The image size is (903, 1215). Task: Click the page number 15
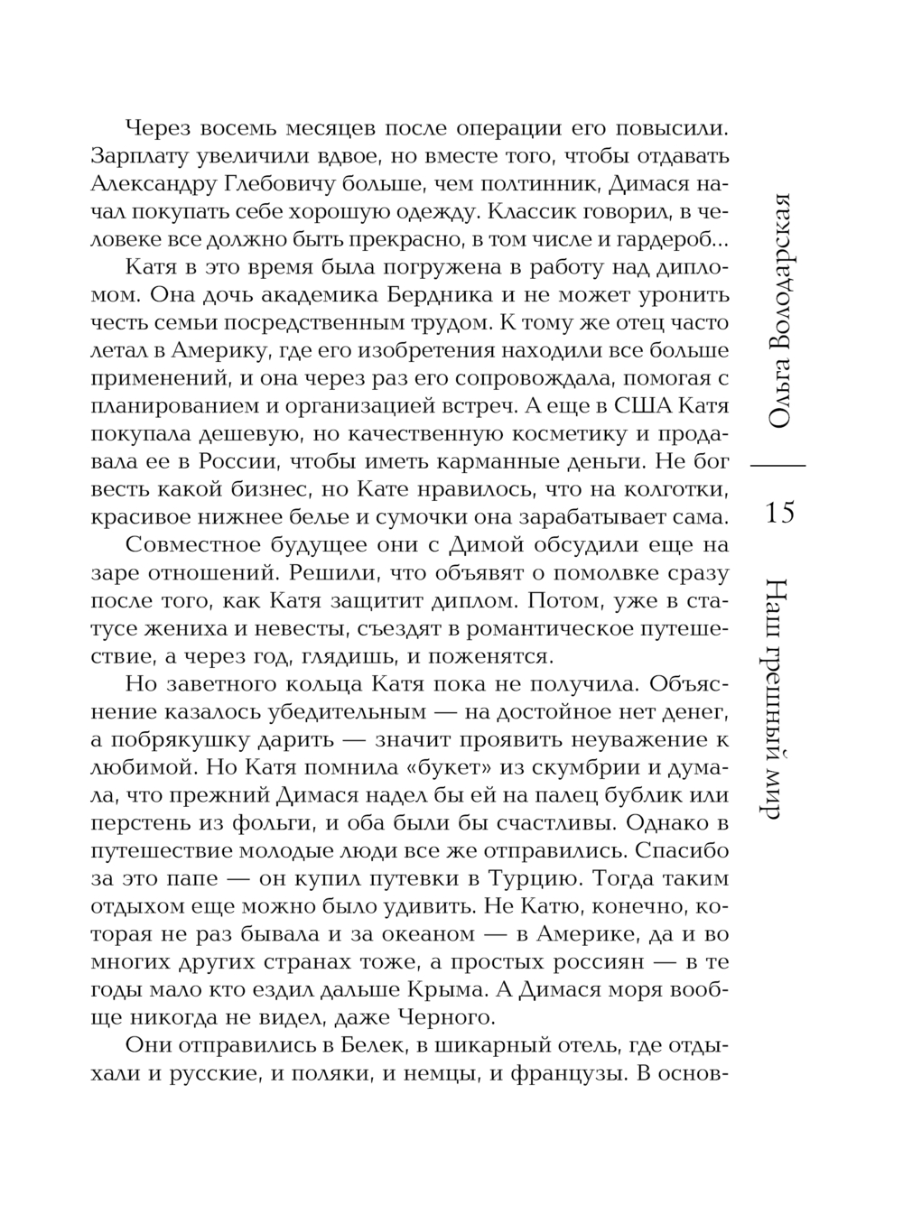(779, 513)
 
